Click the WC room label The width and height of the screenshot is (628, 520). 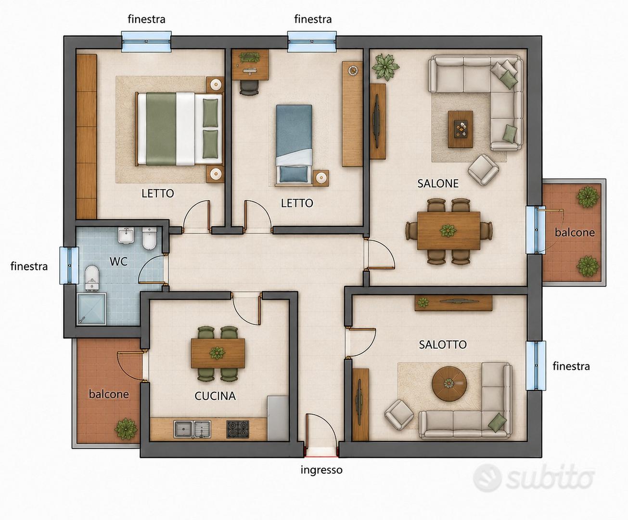click(118, 261)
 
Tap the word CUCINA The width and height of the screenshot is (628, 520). click(215, 396)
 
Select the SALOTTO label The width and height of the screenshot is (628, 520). click(443, 345)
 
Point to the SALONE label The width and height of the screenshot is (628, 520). click(438, 183)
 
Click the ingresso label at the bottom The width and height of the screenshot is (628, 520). click(321, 470)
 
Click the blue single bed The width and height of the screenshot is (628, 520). click(294, 145)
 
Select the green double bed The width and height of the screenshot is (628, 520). click(179, 129)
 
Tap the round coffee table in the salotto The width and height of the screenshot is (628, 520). click(449, 384)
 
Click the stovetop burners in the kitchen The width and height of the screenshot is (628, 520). click(238, 429)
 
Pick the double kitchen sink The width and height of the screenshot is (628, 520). click(192, 429)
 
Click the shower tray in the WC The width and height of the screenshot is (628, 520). click(92, 309)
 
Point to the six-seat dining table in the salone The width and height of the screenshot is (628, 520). click(449, 231)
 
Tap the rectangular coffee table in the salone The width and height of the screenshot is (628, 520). click(460, 129)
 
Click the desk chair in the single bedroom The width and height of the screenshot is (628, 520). click(249, 88)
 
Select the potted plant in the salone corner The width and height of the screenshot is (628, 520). click(385, 67)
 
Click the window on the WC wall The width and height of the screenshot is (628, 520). click(69, 265)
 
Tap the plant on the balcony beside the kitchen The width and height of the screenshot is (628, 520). click(126, 429)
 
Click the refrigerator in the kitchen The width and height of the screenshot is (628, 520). click(278, 418)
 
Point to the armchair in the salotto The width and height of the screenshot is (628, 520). click(399, 415)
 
